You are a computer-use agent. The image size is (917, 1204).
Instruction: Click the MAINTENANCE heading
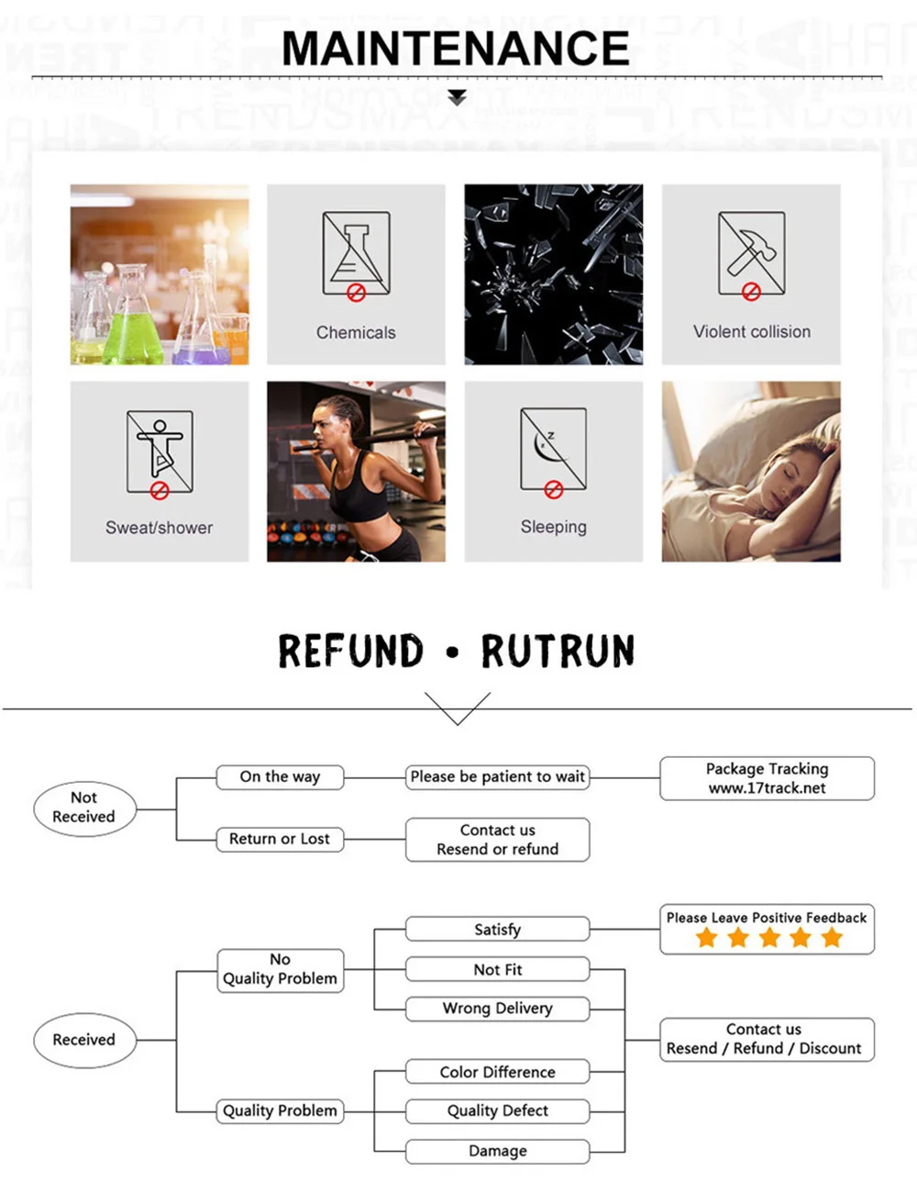click(x=456, y=49)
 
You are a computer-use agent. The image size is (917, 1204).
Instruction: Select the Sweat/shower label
click(x=159, y=528)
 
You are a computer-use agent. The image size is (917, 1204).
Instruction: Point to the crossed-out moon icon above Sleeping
click(x=553, y=451)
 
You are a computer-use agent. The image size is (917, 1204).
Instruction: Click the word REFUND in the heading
click(x=350, y=652)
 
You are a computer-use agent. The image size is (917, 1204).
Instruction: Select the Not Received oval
click(x=83, y=808)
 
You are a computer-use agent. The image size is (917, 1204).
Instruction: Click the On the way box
click(x=280, y=777)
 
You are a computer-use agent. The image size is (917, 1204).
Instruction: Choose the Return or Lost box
click(x=280, y=839)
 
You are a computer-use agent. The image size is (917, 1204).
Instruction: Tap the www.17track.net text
click(x=767, y=788)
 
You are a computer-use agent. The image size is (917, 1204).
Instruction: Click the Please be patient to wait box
click(x=497, y=777)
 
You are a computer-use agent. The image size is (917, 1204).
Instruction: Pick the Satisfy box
click(x=497, y=930)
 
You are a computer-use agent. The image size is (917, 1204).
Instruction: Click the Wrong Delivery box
click(x=497, y=1009)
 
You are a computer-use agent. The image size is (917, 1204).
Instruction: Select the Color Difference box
click(x=497, y=1072)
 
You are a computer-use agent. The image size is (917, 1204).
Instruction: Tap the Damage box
click(x=497, y=1151)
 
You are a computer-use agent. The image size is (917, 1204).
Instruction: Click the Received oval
click(x=83, y=1040)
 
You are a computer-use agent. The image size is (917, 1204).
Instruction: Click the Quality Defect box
click(x=497, y=1111)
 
